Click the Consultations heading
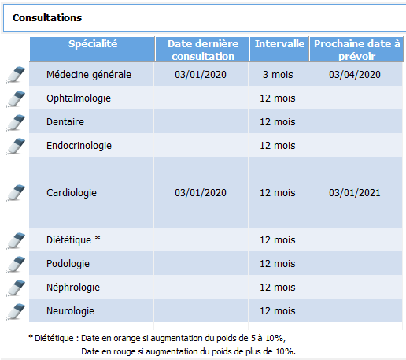[x=47, y=18]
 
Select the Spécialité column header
[x=93, y=44]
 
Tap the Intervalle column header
[x=279, y=44]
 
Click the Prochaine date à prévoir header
[x=357, y=50]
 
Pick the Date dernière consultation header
[x=203, y=50]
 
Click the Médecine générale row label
[x=89, y=75]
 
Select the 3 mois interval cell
[x=278, y=75]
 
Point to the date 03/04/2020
[x=355, y=75]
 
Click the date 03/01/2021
[x=355, y=193]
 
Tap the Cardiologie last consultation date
[x=201, y=193]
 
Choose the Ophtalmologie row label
[x=79, y=98]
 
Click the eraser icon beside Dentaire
[x=16, y=122]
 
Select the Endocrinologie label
[x=79, y=146]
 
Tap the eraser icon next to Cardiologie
[x=16, y=193]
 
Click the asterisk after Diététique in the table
[x=98, y=239]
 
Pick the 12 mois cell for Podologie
[x=278, y=264]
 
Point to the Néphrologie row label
[x=73, y=288]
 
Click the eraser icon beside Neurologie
[x=16, y=311]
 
